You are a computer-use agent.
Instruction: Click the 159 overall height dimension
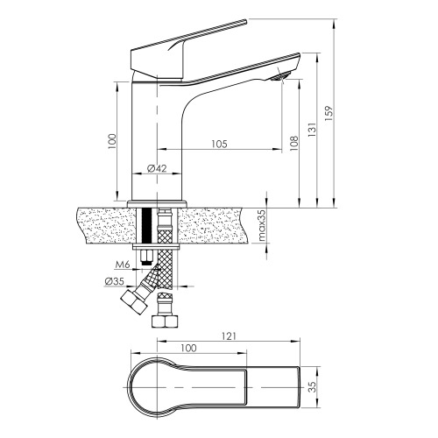(328, 113)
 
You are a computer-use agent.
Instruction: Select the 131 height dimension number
(312, 130)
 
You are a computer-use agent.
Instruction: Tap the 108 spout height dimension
(294, 143)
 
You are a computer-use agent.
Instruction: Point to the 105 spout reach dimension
(219, 144)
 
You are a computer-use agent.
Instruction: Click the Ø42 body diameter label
(157, 168)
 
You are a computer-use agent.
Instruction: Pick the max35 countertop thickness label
(262, 225)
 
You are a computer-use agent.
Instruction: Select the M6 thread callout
(123, 265)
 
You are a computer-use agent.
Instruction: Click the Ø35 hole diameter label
(115, 281)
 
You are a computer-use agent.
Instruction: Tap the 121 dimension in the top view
(229, 336)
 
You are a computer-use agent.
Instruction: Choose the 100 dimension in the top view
(189, 348)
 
